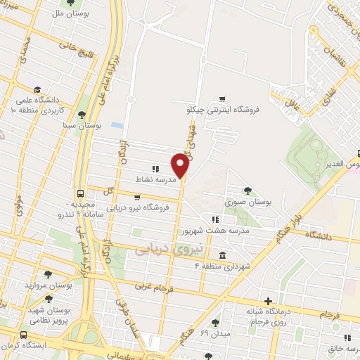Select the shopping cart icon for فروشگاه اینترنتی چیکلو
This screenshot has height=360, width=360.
(x=222, y=98)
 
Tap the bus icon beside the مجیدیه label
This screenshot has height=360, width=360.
(x=82, y=193)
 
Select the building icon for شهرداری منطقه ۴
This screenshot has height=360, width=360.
(x=222, y=255)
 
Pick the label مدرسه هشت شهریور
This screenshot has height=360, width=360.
(x=211, y=231)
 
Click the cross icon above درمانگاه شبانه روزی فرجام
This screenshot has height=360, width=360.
(x=267, y=300)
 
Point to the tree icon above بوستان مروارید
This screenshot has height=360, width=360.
(x=48, y=274)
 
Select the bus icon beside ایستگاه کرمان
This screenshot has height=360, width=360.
(x=25, y=335)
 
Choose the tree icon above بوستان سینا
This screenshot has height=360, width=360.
(x=82, y=114)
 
